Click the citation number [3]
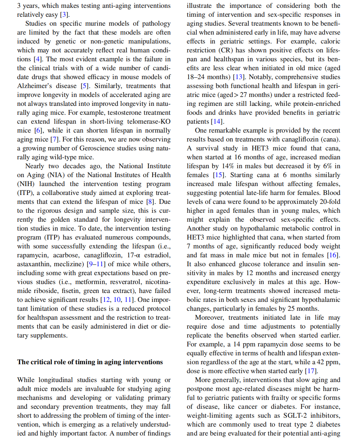(x=64, y=15)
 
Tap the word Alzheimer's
(x=35, y=86)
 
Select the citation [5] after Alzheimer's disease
(x=84, y=86)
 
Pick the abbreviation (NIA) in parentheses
(x=55, y=175)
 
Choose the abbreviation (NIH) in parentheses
(x=26, y=184)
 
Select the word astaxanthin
(x=34, y=264)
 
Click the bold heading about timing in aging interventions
(x=90, y=362)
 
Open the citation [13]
(x=238, y=77)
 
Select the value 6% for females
(x=328, y=166)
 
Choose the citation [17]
(x=312, y=371)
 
